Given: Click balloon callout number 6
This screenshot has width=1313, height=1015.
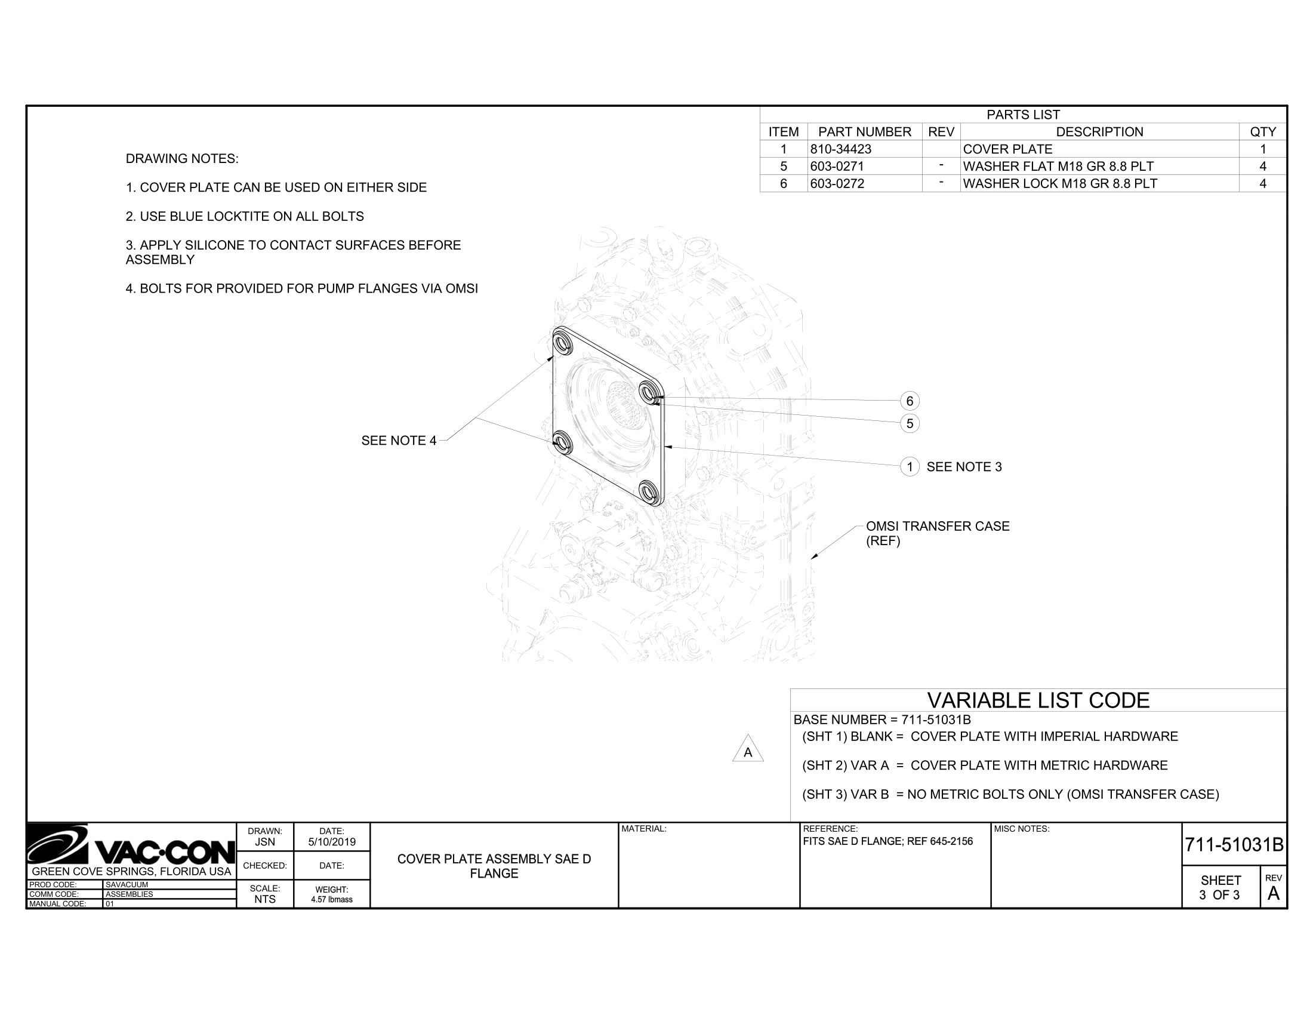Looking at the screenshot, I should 910,401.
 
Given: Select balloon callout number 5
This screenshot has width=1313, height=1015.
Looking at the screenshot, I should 910,423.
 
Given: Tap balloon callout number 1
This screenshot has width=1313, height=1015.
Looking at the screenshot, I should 910,467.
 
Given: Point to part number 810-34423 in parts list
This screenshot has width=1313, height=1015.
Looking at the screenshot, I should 840,149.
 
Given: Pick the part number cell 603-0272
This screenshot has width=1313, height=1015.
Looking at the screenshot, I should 837,183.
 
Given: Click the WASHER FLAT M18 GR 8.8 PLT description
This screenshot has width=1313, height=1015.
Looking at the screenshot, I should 1058,166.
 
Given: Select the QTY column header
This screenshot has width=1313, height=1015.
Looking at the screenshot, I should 1262,132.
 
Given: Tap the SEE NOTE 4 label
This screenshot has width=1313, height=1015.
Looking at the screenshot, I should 399,441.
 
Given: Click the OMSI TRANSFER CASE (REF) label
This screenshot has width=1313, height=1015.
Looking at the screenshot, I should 937,533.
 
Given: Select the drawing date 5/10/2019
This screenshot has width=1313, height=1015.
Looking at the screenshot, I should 332,842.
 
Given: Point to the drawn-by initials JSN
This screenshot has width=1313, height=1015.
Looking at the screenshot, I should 264,842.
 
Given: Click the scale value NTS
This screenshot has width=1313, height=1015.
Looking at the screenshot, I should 264,899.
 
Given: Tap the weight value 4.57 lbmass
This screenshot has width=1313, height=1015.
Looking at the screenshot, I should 332,900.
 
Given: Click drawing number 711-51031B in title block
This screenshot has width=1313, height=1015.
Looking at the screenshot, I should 1234,845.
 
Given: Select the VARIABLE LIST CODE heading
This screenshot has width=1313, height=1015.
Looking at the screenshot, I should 1038,700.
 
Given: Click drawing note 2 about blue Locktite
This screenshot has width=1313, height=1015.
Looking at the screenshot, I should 245,217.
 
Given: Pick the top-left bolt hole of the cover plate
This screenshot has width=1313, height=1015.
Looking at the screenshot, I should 563,342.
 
